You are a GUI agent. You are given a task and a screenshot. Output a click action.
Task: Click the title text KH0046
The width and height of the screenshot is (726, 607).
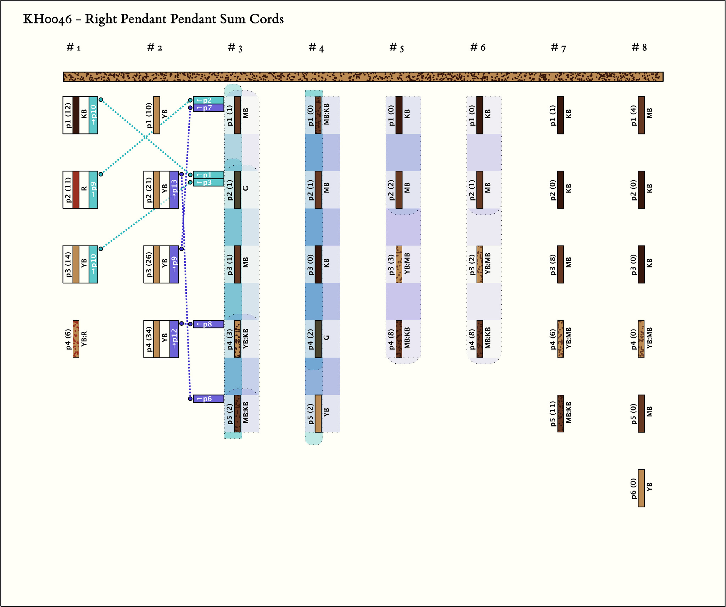point(47,19)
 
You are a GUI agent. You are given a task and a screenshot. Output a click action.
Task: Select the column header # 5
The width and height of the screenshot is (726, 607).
point(396,48)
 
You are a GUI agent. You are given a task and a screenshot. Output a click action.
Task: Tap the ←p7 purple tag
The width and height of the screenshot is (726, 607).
point(208,108)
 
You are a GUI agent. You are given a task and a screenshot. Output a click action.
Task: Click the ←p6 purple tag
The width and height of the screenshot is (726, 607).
point(208,399)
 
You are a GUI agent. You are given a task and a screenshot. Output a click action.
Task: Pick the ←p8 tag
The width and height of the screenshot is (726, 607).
point(208,324)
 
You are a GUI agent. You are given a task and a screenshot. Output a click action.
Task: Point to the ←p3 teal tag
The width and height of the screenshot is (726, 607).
point(208,183)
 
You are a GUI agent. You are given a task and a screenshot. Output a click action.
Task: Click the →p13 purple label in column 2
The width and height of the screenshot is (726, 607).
point(174,190)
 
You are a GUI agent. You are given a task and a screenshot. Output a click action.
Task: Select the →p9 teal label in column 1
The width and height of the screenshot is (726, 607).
point(93,190)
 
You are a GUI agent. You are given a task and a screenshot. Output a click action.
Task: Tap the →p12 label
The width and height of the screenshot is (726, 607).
point(174,339)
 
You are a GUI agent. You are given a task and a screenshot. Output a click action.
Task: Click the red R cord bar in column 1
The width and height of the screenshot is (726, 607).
point(76,190)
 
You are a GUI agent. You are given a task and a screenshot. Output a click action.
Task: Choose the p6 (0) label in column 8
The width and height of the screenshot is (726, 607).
point(634,488)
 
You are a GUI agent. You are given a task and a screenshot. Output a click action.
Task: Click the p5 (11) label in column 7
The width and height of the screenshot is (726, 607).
point(553,414)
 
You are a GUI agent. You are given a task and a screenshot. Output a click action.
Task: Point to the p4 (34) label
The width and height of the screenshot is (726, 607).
point(149,339)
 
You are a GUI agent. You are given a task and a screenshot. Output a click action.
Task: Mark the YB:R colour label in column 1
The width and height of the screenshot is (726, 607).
point(84,339)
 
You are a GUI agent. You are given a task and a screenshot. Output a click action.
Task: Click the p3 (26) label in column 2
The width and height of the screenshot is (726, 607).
point(149,264)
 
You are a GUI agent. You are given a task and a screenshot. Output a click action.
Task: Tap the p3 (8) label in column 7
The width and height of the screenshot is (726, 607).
point(553,264)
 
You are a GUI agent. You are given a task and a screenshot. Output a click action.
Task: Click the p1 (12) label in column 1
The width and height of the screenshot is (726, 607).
point(68,115)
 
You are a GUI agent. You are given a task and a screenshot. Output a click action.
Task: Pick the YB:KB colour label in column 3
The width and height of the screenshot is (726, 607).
point(246,339)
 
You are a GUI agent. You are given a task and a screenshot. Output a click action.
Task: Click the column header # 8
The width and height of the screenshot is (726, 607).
point(639,48)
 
